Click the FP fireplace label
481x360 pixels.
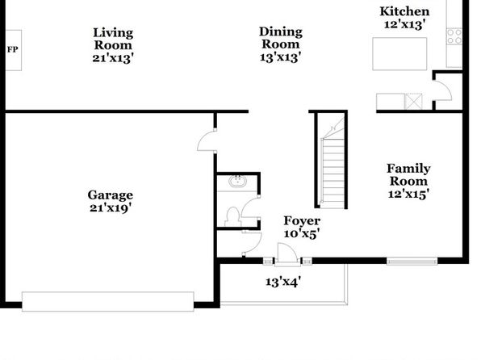tap(13, 49)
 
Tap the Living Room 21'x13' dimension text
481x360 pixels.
tap(113, 57)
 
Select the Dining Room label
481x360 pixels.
tap(281, 38)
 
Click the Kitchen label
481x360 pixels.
tap(404, 11)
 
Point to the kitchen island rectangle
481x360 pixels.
tap(399, 54)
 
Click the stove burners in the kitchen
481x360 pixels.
tap(454, 36)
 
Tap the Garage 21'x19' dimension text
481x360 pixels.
tap(111, 208)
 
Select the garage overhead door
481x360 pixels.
tap(107, 301)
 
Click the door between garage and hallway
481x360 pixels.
tap(207, 140)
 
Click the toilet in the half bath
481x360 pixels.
tap(232, 216)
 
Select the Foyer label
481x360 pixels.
tap(302, 220)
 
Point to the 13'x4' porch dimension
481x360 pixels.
tap(283, 282)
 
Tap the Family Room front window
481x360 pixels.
tap(412, 262)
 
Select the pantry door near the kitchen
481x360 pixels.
tap(442, 90)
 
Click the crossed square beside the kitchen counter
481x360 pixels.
tap(413, 101)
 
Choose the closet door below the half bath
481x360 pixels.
tap(252, 243)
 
